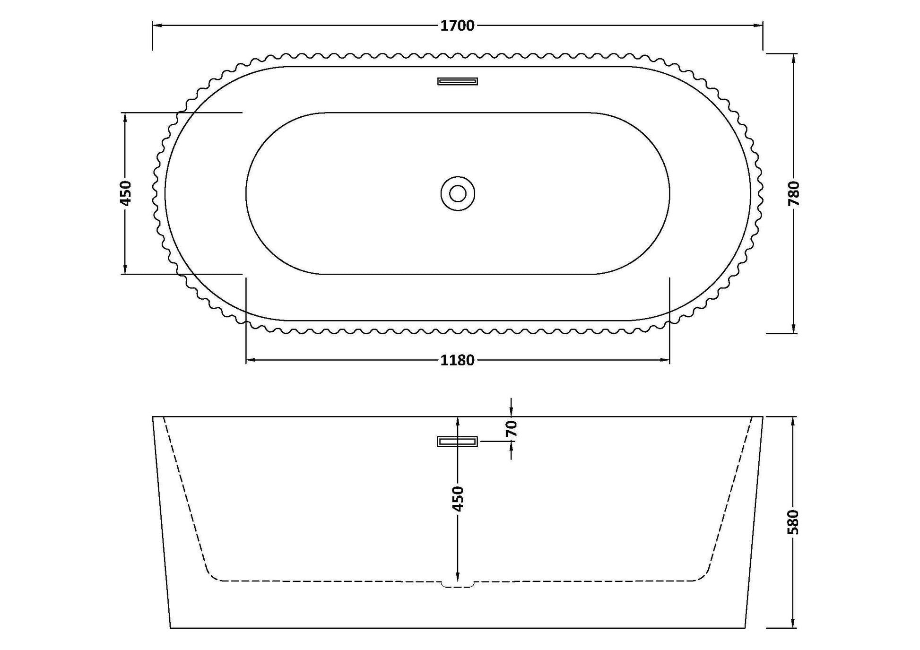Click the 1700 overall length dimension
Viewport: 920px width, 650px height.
coord(457,26)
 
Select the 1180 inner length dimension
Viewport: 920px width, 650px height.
coord(457,360)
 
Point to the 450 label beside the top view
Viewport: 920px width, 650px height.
coord(126,193)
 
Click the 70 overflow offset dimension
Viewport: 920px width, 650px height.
coord(511,429)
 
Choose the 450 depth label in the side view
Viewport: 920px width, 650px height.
coord(458,498)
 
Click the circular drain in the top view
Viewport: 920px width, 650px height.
coord(458,193)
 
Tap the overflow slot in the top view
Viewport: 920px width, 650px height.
coord(457,81)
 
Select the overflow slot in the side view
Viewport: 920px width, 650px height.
coord(457,442)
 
